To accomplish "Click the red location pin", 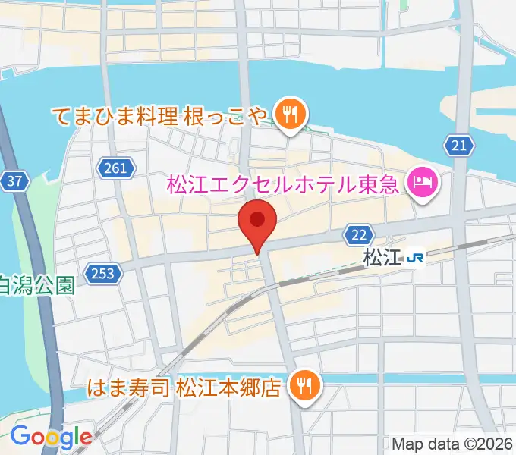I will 257,222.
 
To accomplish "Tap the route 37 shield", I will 14,181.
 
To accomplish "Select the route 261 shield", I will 116,168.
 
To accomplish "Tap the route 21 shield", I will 458,145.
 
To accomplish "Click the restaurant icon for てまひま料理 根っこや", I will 290,115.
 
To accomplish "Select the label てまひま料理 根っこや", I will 160,116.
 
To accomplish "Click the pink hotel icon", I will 420,182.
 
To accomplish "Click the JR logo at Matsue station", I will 415,258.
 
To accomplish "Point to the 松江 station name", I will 382,258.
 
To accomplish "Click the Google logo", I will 51,437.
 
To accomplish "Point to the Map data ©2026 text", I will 452,444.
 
